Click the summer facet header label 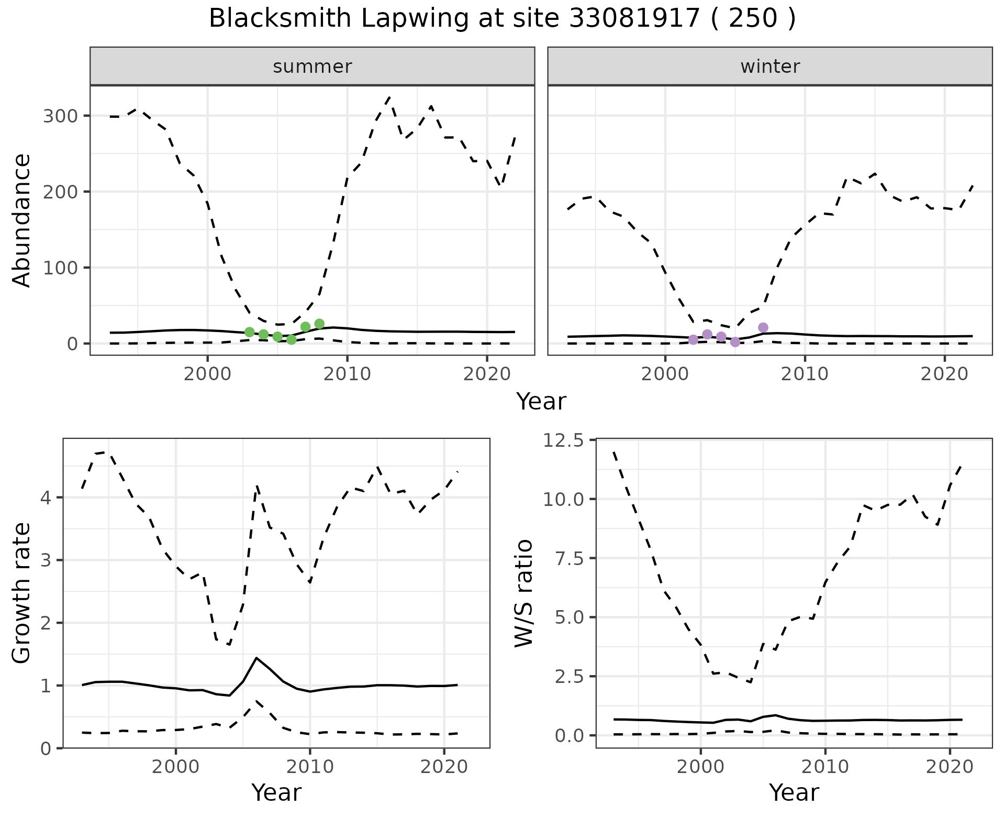[x=312, y=67]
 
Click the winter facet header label [x=770, y=67]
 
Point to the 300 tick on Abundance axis [x=58, y=116]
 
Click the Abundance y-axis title [x=21, y=220]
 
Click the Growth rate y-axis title [x=21, y=593]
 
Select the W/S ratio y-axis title [x=524, y=593]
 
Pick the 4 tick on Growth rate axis [x=46, y=497]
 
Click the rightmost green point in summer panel [x=319, y=324]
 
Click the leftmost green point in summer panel [x=250, y=332]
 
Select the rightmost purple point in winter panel [x=763, y=327]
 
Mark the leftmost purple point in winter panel [x=694, y=339]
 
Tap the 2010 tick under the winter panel [x=805, y=374]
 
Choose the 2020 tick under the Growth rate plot [x=444, y=767]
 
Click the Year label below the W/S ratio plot [x=794, y=793]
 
